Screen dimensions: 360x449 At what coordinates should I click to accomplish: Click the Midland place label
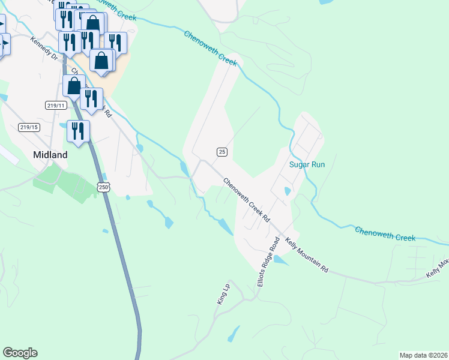[x=50, y=154]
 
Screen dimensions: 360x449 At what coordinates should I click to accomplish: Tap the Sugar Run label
[x=307, y=164]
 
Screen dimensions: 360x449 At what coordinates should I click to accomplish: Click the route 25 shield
[x=222, y=152]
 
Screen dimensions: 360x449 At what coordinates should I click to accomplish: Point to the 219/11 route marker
[x=55, y=105]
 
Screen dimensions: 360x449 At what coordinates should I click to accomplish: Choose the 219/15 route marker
[x=28, y=127]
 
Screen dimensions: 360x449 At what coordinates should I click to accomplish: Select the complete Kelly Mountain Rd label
[x=307, y=256]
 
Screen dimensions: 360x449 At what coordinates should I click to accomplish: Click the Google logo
[x=20, y=353]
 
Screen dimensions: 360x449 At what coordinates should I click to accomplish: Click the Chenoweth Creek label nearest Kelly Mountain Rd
[x=385, y=234]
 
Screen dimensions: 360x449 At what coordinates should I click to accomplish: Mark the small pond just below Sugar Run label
[x=288, y=191]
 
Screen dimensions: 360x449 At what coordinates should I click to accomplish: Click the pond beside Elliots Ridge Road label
[x=280, y=260]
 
